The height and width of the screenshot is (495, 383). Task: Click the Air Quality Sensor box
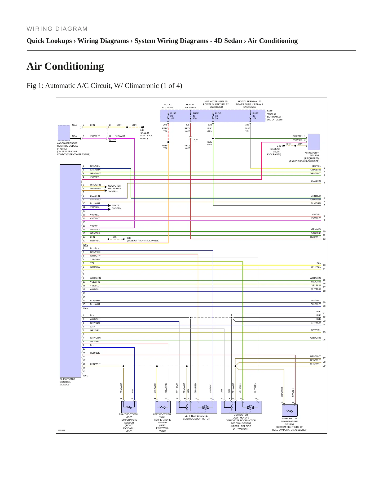click(x=314, y=142)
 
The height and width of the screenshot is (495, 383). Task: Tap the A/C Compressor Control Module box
click(x=64, y=133)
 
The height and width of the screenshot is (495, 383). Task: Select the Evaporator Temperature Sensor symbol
click(x=290, y=410)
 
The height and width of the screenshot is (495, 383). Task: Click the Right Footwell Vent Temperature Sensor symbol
click(x=129, y=407)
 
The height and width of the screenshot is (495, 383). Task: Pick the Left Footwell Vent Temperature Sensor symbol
click(x=162, y=407)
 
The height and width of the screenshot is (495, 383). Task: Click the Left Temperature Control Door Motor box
click(x=196, y=407)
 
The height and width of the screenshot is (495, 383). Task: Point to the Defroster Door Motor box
click(x=241, y=407)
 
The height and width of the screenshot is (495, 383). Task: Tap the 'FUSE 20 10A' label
click(x=173, y=116)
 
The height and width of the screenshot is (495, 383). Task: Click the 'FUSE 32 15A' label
click(x=255, y=116)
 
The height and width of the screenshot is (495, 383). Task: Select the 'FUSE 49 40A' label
click(x=196, y=116)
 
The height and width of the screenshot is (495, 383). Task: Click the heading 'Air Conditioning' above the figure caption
click(x=65, y=66)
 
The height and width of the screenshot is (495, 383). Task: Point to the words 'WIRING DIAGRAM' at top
click(x=57, y=29)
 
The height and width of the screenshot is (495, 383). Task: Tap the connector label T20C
click(x=85, y=245)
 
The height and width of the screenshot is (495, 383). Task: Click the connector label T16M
click(x=85, y=308)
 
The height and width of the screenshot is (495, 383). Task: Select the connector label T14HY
click(x=112, y=140)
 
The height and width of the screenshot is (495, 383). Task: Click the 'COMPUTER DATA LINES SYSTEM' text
click(x=115, y=188)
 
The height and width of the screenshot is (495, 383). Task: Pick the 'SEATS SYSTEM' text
click(x=117, y=207)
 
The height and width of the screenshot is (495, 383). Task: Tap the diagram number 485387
click(x=61, y=430)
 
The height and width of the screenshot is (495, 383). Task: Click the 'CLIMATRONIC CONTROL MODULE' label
click(x=67, y=382)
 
